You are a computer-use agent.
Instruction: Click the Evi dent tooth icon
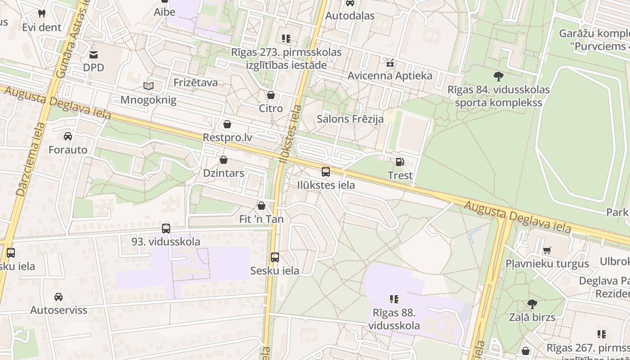[x=42, y=14]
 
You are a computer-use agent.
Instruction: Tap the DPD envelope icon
[x=94, y=55]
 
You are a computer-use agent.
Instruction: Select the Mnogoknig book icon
[x=148, y=86]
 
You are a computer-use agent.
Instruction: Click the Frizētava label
[x=196, y=82]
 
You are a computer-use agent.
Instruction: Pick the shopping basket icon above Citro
[x=271, y=95]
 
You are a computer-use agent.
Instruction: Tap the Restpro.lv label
[x=227, y=137]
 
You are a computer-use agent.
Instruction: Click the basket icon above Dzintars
[x=224, y=160]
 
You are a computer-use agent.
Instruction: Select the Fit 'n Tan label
[x=261, y=219]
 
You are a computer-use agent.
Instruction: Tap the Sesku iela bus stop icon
[x=275, y=257]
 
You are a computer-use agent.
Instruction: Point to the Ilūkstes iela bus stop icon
[x=326, y=172]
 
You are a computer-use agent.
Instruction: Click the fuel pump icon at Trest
[x=400, y=162]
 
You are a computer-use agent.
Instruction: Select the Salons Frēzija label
[x=350, y=119]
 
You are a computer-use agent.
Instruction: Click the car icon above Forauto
[x=68, y=136]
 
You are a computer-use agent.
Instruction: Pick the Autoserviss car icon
[x=58, y=297]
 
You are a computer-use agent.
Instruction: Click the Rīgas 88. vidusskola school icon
[x=394, y=299]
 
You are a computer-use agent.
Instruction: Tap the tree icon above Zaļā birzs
[x=532, y=304]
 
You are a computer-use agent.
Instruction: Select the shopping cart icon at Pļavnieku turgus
[x=547, y=250]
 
